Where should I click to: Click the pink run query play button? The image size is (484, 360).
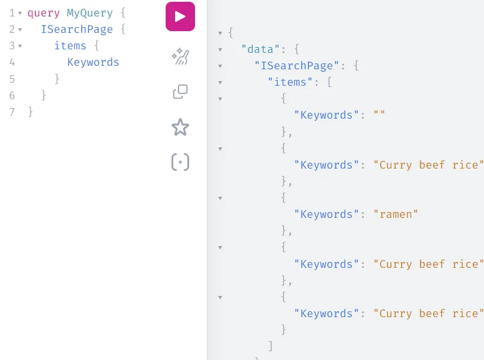pos(180,16)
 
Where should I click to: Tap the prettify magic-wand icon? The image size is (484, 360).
pos(180,56)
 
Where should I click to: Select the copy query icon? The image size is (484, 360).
pos(180,92)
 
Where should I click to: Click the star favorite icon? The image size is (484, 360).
pos(180,127)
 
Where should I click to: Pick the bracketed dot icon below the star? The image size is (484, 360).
pos(180,162)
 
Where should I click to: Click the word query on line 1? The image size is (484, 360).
pos(43,13)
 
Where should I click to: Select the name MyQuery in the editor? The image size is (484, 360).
pos(90,13)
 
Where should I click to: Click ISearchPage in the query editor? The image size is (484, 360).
pos(77,29)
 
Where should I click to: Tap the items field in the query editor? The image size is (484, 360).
pos(70,46)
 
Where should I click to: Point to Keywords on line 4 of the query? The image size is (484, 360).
pos(93,62)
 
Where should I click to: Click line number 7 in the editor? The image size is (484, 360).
pos(12,112)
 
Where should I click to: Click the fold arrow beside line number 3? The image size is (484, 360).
pos(20,46)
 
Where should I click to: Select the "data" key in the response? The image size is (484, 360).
pos(261,49)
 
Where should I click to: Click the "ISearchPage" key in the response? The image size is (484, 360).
pos(297,65)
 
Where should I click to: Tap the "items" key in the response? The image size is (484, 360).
pos(290,82)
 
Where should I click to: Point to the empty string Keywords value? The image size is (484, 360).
pos(379,115)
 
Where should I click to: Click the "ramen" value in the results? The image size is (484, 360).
pos(396,214)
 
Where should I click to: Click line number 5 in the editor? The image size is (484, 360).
pos(12,79)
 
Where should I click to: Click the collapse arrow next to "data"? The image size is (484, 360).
pos(220,49)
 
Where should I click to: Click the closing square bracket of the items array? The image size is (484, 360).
pos(270,346)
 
